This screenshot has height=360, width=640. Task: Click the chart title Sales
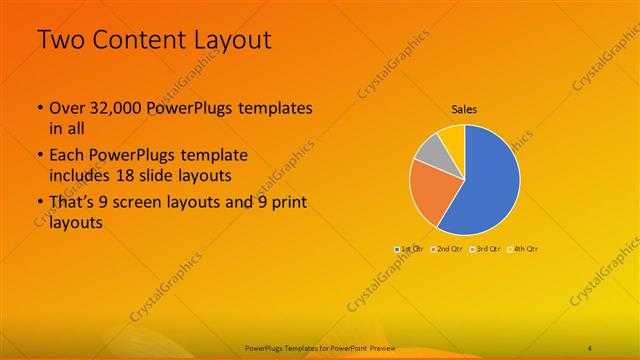point(464,108)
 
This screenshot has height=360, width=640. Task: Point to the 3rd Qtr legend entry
point(484,248)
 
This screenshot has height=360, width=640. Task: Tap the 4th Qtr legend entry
point(522,248)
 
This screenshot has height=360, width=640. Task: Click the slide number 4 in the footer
point(590,347)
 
